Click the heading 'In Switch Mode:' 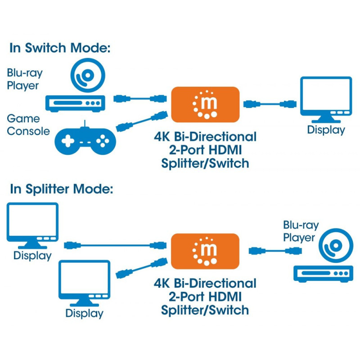[x=60, y=48]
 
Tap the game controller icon [x=85, y=140]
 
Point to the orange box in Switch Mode [x=205, y=104]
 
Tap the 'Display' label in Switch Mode [x=326, y=130]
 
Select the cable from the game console [x=140, y=121]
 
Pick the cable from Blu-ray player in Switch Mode [x=140, y=98]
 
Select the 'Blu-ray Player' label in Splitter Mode [x=301, y=231]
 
